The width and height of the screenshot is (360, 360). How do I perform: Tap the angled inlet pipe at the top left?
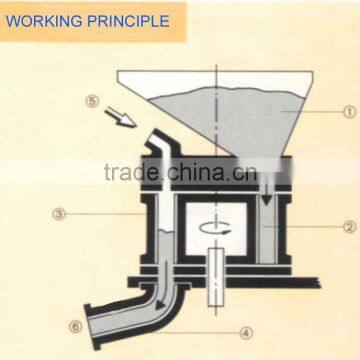pos(160,150)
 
